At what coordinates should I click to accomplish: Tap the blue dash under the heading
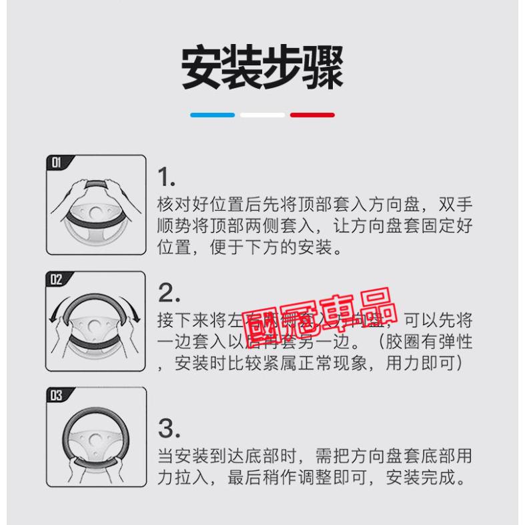pyautogui.click(x=212, y=115)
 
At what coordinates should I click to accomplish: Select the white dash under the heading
pyautogui.click(x=262, y=115)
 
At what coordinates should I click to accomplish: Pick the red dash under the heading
pyautogui.click(x=312, y=115)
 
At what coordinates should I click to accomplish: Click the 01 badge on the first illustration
pyautogui.click(x=57, y=162)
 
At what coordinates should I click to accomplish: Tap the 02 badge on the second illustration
pyautogui.click(x=57, y=278)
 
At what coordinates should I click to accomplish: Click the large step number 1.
pyautogui.click(x=166, y=177)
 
